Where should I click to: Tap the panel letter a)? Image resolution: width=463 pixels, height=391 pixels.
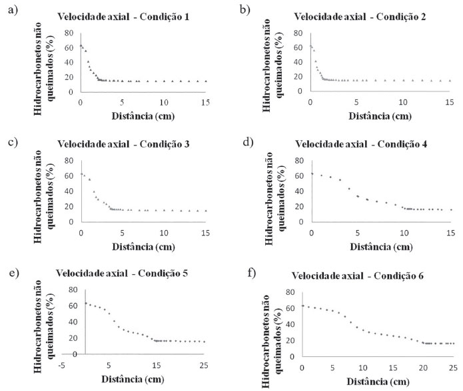(x=9, y=9)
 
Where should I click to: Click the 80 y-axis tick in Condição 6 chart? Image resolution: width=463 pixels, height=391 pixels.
(x=292, y=292)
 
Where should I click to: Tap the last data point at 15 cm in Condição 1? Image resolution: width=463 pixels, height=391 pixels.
(x=205, y=81)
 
